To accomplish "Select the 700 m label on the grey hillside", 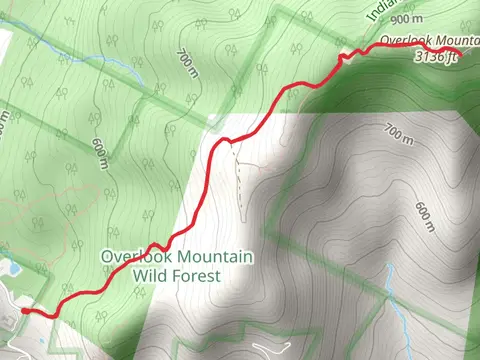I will click(x=398, y=133).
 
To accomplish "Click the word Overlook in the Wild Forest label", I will click(x=133, y=257).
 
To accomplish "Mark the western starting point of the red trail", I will click(x=24, y=312).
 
